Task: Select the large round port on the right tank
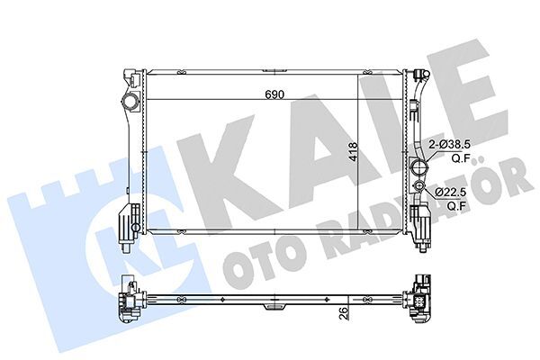(418, 167)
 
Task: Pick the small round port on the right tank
(418, 188)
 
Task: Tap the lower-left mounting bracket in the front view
(129, 220)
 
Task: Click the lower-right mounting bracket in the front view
(419, 221)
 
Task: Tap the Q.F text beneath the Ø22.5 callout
(457, 204)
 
